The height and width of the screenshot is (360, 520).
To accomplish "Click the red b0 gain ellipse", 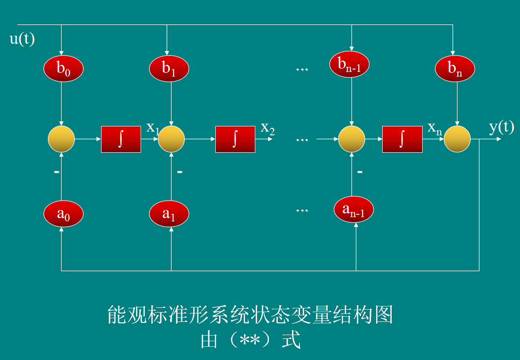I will click(63, 69).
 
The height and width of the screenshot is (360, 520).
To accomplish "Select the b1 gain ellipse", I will click(169, 69).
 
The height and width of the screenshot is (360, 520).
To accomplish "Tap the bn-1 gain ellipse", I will click(350, 64).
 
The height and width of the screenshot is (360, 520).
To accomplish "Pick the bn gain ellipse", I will click(455, 69).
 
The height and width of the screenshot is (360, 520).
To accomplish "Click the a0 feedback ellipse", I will click(63, 214).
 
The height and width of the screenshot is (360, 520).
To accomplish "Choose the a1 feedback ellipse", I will click(169, 214).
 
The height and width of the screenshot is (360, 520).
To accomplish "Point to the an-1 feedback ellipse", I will click(354, 210).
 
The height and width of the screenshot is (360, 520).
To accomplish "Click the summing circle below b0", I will click(62, 139).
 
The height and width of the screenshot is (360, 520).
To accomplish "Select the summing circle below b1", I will click(171, 139).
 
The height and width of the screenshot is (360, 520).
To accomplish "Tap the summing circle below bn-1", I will click(352, 139).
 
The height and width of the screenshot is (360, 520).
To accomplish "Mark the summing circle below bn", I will click(457, 139).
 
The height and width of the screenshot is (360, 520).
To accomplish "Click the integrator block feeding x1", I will click(121, 139).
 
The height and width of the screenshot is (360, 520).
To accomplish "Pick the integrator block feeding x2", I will click(235, 139).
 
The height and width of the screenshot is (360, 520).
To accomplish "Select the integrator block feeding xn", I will click(402, 139).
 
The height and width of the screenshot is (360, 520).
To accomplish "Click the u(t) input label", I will click(22, 39).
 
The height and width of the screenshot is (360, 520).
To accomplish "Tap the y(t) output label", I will click(501, 127).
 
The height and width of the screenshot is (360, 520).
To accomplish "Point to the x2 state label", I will click(268, 128).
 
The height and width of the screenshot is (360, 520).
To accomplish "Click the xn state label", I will click(434, 128).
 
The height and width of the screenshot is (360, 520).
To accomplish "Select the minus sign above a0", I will click(56, 172).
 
